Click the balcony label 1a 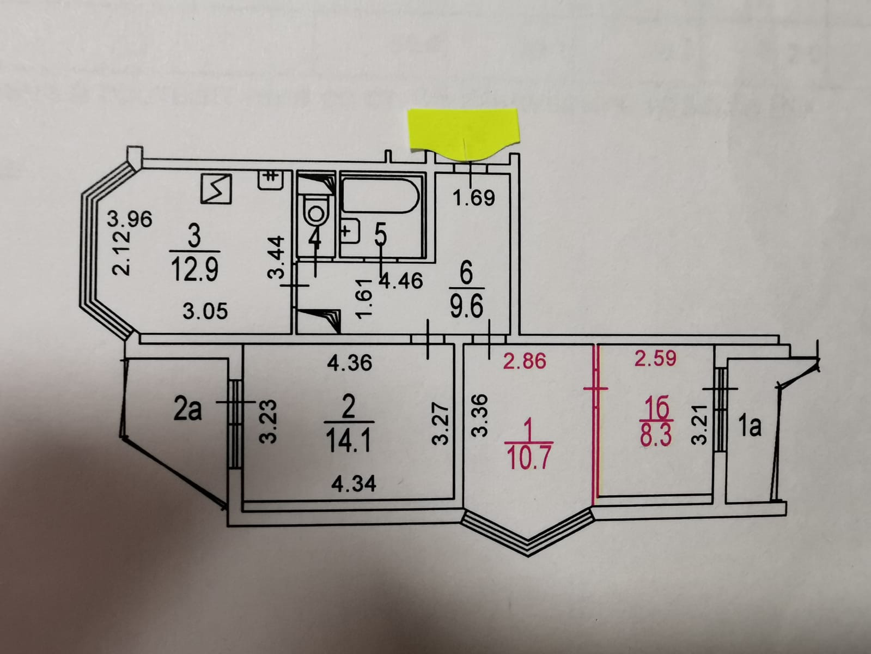click(750, 427)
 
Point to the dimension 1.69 click(474, 198)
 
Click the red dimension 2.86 click(524, 360)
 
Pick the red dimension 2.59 click(656, 358)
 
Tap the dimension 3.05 click(205, 311)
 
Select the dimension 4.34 click(354, 483)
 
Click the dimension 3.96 click(130, 219)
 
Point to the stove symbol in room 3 click(216, 189)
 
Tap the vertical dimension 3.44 click(277, 257)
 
